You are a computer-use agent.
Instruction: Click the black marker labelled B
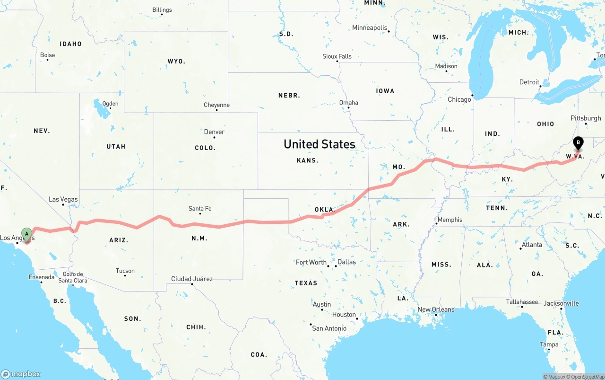[x=578, y=142]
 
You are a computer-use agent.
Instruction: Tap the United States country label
[x=319, y=144]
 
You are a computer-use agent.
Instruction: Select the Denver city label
[x=214, y=132]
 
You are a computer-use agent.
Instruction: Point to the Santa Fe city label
[x=200, y=209]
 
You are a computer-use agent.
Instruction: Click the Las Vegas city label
[x=63, y=199]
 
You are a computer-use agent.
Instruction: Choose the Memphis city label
[x=449, y=220]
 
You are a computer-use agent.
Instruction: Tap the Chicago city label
[x=459, y=99]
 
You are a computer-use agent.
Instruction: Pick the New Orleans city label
[x=436, y=309]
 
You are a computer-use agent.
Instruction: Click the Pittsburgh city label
[x=586, y=118]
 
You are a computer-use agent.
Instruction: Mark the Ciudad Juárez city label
[x=192, y=279]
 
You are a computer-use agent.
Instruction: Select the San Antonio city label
[x=329, y=328]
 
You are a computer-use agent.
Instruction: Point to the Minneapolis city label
[x=370, y=28]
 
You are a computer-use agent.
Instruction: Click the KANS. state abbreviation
[x=308, y=160]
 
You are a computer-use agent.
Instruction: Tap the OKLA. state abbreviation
[x=325, y=210]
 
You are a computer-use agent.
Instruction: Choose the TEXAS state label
[x=306, y=283]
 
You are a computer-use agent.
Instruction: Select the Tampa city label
[x=549, y=345]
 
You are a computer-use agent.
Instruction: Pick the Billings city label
[x=162, y=10]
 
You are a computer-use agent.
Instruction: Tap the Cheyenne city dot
[x=216, y=110]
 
